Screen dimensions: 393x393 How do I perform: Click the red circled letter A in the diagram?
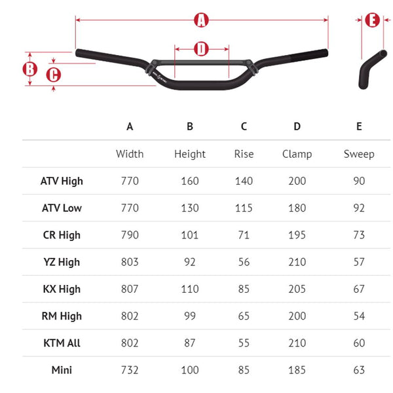(x=202, y=20)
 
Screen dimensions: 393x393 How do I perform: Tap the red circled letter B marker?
(x=29, y=68)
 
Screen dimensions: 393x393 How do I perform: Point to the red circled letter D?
(x=201, y=48)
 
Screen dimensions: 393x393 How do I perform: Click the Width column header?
(x=130, y=154)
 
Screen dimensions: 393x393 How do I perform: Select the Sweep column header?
(x=359, y=154)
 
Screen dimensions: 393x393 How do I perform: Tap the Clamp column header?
(x=297, y=154)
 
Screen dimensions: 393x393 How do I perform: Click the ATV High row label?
(x=62, y=181)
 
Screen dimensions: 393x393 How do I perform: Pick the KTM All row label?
(x=62, y=343)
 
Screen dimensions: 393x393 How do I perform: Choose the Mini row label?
(x=62, y=370)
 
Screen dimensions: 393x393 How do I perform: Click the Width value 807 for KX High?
(x=130, y=289)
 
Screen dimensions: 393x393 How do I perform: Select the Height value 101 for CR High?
(x=190, y=234)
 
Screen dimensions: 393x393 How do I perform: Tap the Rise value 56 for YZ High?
(x=244, y=262)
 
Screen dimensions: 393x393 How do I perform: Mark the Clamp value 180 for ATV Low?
(x=297, y=208)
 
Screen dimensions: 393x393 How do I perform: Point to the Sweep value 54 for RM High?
(x=359, y=316)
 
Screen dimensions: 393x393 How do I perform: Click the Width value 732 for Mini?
(x=130, y=370)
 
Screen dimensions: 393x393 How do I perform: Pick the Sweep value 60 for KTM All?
(x=359, y=343)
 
